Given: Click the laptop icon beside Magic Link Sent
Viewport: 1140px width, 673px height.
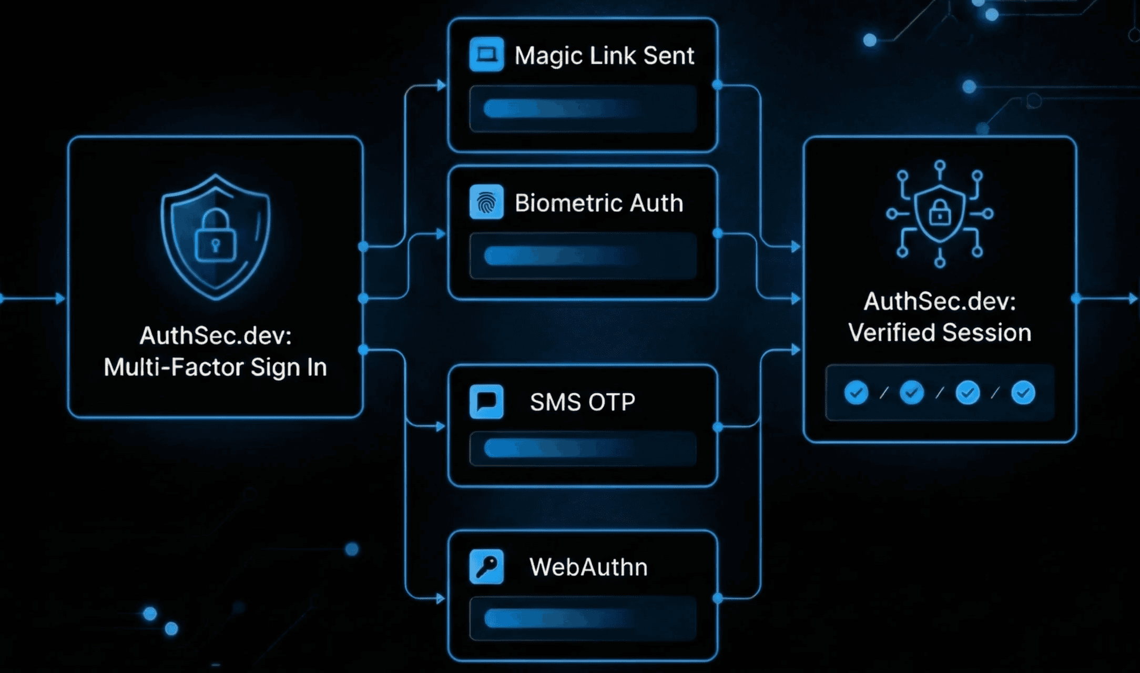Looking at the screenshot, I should [486, 54].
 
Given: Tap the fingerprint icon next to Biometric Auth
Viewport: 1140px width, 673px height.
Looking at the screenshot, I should [486, 202].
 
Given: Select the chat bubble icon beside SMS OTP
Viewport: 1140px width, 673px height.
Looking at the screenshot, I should [486, 402].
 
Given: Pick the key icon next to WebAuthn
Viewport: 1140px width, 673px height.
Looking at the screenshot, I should [486, 567].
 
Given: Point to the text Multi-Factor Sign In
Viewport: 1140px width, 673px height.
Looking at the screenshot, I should [215, 367].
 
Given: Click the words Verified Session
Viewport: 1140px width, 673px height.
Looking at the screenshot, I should [940, 333].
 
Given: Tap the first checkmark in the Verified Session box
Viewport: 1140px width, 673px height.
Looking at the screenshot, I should [856, 393].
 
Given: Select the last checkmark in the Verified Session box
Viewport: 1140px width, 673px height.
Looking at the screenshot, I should [1023, 393].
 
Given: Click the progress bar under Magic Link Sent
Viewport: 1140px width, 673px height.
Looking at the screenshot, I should [583, 109].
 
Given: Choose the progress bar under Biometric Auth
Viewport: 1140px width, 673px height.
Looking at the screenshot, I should [583, 256].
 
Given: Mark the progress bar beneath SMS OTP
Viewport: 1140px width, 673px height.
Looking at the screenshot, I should [583, 449].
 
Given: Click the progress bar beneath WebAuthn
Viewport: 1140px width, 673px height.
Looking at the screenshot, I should [583, 618].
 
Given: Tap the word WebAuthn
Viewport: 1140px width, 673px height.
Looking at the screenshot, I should [588, 567].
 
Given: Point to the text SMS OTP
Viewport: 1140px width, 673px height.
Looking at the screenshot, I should [583, 402].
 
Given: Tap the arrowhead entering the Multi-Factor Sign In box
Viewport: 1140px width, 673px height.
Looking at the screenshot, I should [61, 299].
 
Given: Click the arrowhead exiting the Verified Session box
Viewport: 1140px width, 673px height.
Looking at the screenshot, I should [1133, 299].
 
